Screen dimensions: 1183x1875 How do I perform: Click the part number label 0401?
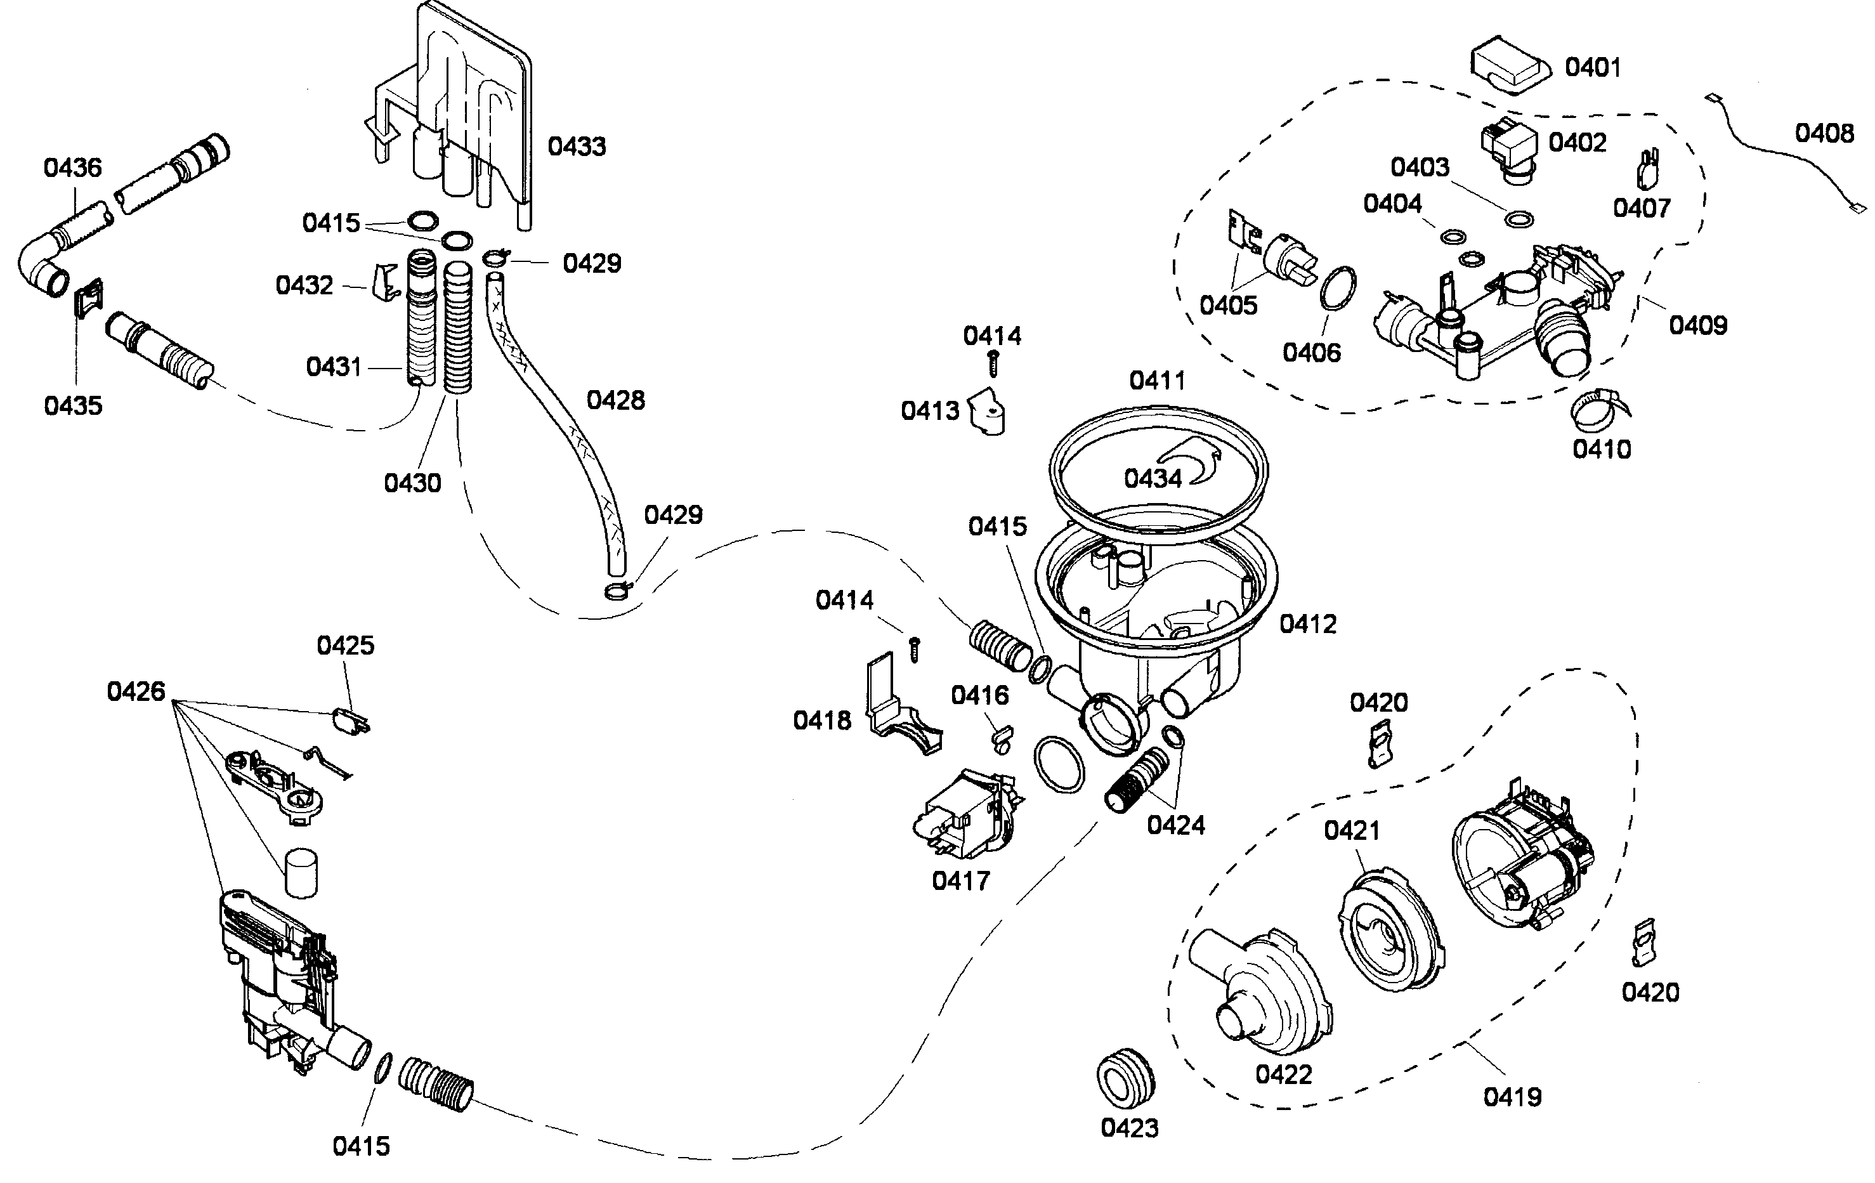[1592, 68]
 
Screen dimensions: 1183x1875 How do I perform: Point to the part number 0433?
[576, 147]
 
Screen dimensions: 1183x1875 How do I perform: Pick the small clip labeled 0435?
[88, 297]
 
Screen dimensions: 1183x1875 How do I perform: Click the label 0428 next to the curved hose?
[615, 400]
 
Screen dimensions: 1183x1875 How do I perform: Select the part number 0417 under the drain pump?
[960, 881]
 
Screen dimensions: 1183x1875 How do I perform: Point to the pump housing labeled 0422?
[1258, 989]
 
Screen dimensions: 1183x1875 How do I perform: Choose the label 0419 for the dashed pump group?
[1512, 1097]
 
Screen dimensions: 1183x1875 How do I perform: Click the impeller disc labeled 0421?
[1390, 931]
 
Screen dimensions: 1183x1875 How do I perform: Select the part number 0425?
[345, 646]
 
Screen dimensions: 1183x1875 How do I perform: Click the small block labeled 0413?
[988, 411]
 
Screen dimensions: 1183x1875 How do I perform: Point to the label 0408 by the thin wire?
[1824, 133]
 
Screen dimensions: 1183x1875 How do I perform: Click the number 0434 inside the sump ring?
[1153, 478]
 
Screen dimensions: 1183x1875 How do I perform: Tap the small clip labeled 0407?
[1645, 172]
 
